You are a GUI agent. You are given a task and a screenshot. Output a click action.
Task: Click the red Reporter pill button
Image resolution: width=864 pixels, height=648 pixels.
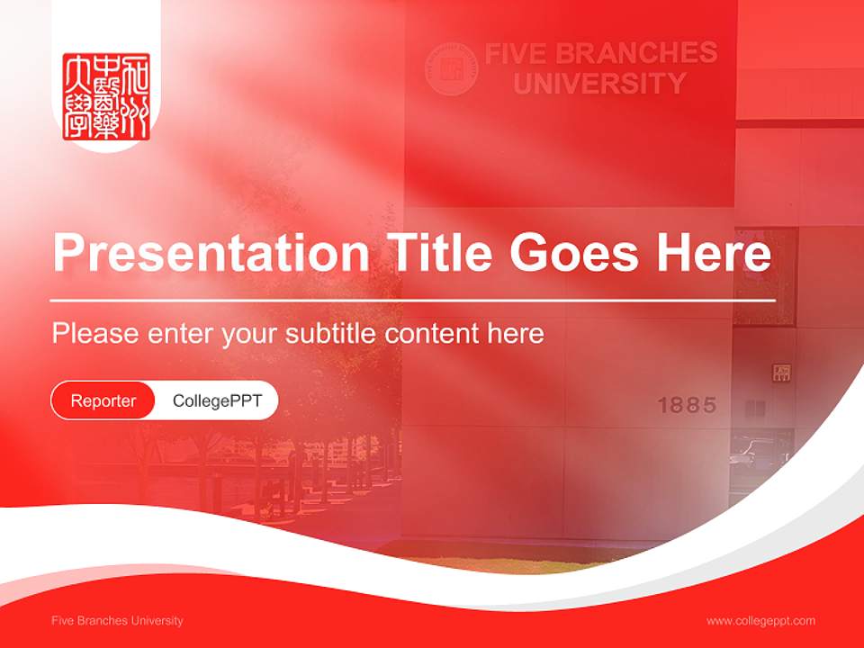[x=103, y=400]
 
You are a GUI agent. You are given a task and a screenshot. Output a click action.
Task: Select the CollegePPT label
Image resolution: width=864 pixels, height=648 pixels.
[x=217, y=400]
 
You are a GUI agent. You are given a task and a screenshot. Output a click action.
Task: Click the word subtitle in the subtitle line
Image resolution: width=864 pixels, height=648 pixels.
[x=331, y=333]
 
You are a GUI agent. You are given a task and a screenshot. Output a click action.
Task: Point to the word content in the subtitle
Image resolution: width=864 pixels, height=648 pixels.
[x=432, y=333]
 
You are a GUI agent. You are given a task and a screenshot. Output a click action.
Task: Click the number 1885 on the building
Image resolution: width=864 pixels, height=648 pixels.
[x=687, y=405]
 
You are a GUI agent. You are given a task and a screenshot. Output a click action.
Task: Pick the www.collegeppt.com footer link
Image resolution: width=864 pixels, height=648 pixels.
[x=760, y=620]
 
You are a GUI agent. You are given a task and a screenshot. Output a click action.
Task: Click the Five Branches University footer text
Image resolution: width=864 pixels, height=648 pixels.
[x=117, y=620]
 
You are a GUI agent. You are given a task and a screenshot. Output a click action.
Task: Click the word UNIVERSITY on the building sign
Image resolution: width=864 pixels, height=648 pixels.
[x=599, y=84]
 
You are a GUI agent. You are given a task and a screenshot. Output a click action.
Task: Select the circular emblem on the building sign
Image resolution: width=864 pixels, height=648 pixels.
[x=451, y=68]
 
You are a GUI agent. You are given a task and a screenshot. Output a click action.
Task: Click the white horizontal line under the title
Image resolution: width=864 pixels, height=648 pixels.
[x=413, y=300]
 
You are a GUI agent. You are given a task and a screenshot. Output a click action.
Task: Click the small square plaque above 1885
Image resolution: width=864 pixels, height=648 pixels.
[x=781, y=372]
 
